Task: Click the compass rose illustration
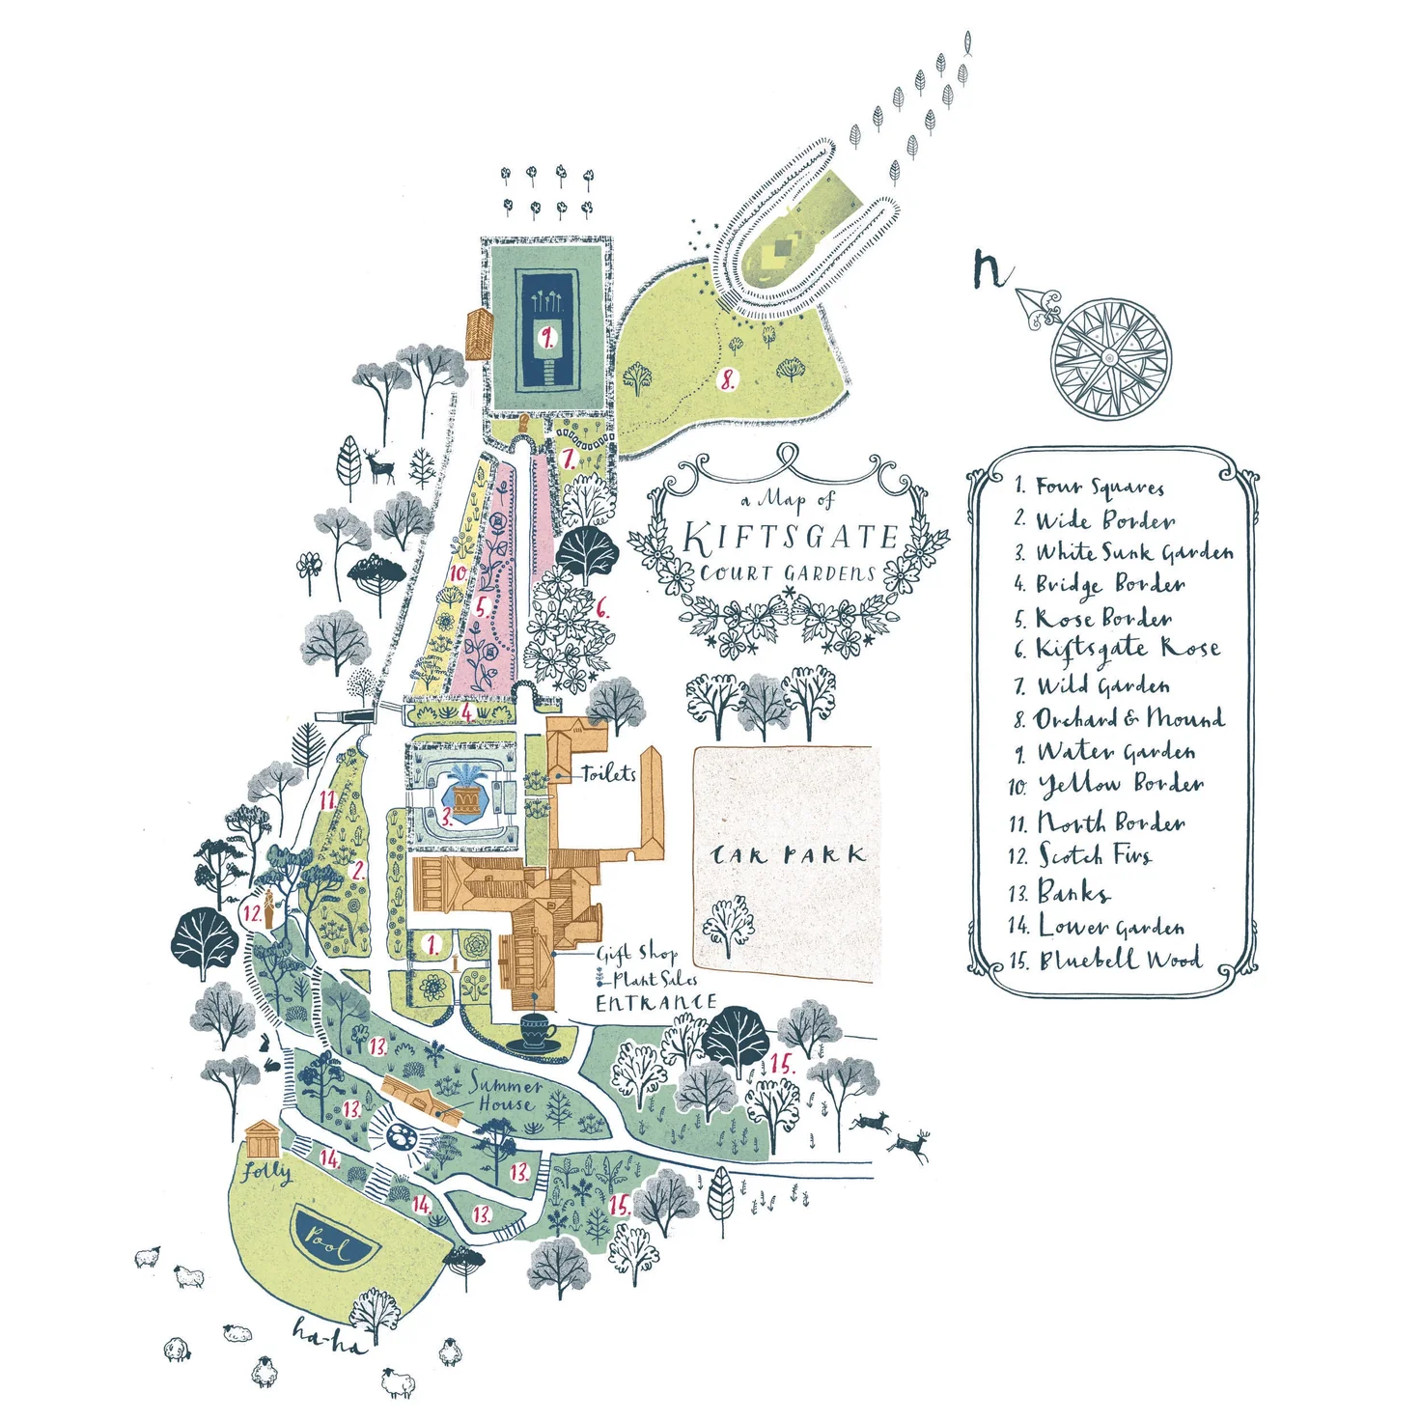click(1110, 357)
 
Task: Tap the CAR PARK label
click(788, 855)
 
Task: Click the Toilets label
click(608, 773)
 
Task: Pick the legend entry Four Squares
click(1089, 487)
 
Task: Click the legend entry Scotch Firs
click(1080, 854)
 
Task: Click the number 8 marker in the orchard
click(728, 380)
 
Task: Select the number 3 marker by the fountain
click(446, 817)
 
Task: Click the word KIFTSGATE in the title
click(791, 538)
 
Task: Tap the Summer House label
click(505, 1095)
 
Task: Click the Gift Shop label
click(636, 954)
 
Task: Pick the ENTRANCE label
click(655, 1002)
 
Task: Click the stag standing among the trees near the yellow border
click(379, 466)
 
